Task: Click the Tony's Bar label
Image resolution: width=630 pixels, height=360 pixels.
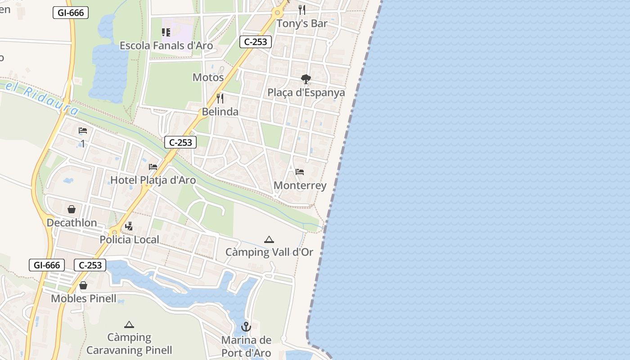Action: (301, 23)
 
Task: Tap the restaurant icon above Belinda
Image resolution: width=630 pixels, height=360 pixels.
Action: (220, 99)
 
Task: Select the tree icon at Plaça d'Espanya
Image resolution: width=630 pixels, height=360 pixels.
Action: (306, 80)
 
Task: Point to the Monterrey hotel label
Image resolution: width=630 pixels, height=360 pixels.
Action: (300, 185)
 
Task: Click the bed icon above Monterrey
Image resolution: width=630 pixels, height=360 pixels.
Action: (300, 172)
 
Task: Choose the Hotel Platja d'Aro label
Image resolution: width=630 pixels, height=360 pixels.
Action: (153, 180)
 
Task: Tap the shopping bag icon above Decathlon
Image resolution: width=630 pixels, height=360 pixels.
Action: (72, 209)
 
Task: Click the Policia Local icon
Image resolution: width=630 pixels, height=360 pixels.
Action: (129, 226)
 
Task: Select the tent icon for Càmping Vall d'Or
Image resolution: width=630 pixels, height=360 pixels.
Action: (269, 239)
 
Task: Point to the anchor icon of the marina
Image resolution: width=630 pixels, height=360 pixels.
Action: (246, 327)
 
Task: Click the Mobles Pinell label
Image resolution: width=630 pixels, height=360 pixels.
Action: (84, 298)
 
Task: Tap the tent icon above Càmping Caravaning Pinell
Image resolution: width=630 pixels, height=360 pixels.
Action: (129, 324)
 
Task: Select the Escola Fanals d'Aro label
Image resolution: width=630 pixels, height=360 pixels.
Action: (166, 45)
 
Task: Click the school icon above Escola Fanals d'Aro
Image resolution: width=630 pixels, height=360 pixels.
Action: (166, 32)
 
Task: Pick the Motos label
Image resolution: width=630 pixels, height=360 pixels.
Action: (208, 77)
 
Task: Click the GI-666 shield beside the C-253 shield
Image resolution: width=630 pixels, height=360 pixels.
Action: (47, 265)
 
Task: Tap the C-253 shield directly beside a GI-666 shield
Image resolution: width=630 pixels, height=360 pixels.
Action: (90, 265)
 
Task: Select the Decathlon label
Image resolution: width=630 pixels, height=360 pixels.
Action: (72, 223)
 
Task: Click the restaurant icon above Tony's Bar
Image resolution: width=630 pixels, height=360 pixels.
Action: (302, 10)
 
